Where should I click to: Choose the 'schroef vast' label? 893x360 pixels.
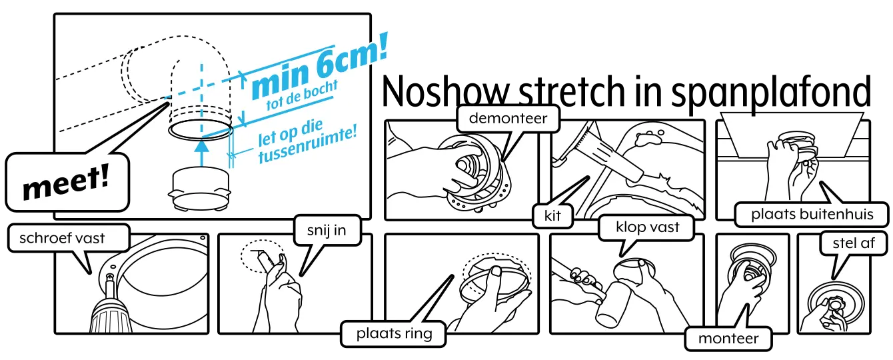(x=62, y=238)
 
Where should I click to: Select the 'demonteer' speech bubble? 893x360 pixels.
(x=508, y=119)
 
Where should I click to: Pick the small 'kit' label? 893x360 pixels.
(x=552, y=216)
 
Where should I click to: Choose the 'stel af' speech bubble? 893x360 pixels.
(x=853, y=243)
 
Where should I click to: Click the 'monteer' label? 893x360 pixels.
(x=728, y=339)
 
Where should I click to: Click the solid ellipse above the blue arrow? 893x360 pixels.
(x=200, y=129)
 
